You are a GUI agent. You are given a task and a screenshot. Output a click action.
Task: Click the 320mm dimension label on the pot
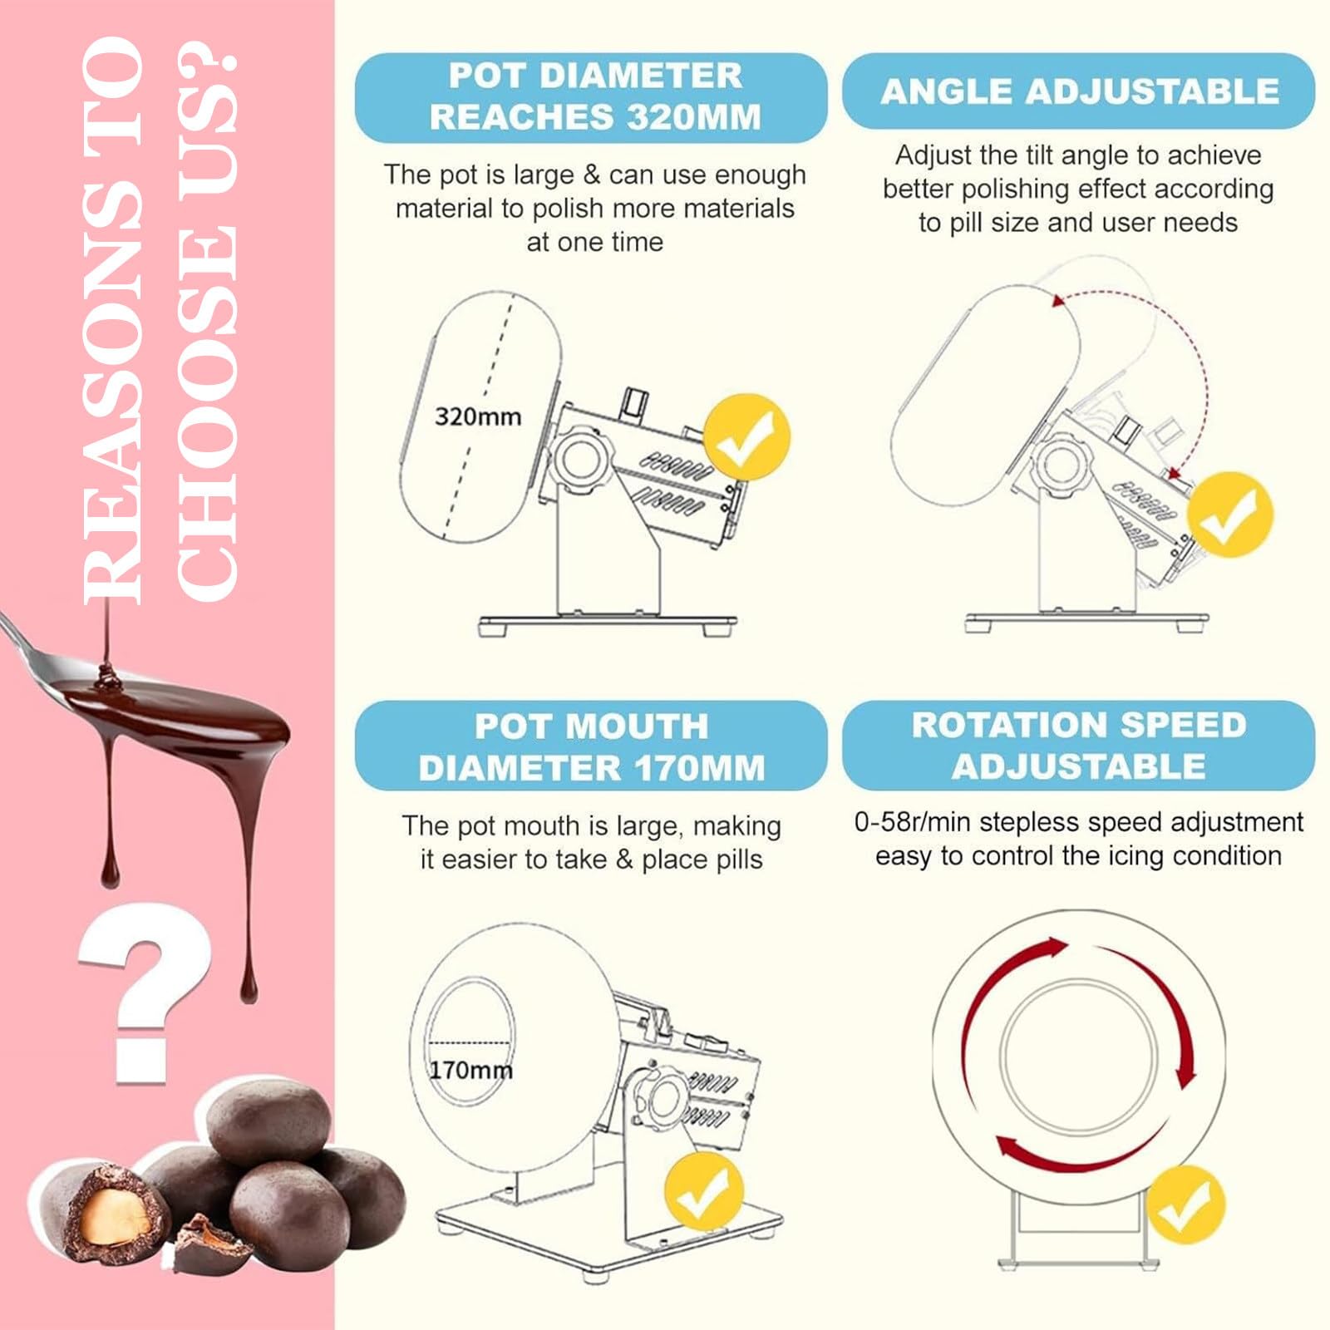coord(478,416)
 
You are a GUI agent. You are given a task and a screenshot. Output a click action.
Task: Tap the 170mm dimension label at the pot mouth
coord(470,1070)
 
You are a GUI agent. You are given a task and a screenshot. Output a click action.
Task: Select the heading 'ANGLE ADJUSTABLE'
coord(1079,91)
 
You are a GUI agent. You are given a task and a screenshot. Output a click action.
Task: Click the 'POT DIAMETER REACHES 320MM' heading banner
coord(591,97)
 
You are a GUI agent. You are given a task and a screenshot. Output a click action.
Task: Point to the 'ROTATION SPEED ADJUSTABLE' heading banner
coord(1078,745)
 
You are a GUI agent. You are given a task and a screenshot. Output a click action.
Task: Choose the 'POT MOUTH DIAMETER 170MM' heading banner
coord(591,746)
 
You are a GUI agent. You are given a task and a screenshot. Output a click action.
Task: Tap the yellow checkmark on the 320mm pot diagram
coord(746,437)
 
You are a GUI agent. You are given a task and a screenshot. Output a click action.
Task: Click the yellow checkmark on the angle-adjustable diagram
coord(1230,515)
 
